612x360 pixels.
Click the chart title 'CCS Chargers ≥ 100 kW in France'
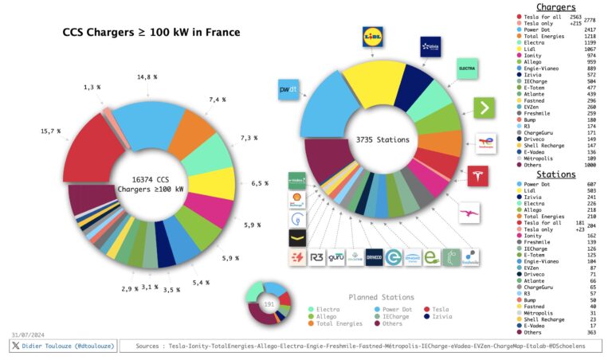[x=151, y=33]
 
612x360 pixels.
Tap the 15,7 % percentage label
[x=52, y=131]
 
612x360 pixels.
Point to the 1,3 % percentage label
[x=92, y=86]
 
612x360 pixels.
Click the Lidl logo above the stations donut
[x=374, y=37]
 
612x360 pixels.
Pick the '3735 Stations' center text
[x=382, y=140]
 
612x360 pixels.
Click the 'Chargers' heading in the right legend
[x=555, y=7]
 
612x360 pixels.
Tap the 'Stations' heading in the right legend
[x=555, y=174]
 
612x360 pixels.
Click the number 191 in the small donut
[x=269, y=304]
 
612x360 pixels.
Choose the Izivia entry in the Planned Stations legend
[x=446, y=316]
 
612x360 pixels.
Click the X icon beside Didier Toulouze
[x=16, y=346]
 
